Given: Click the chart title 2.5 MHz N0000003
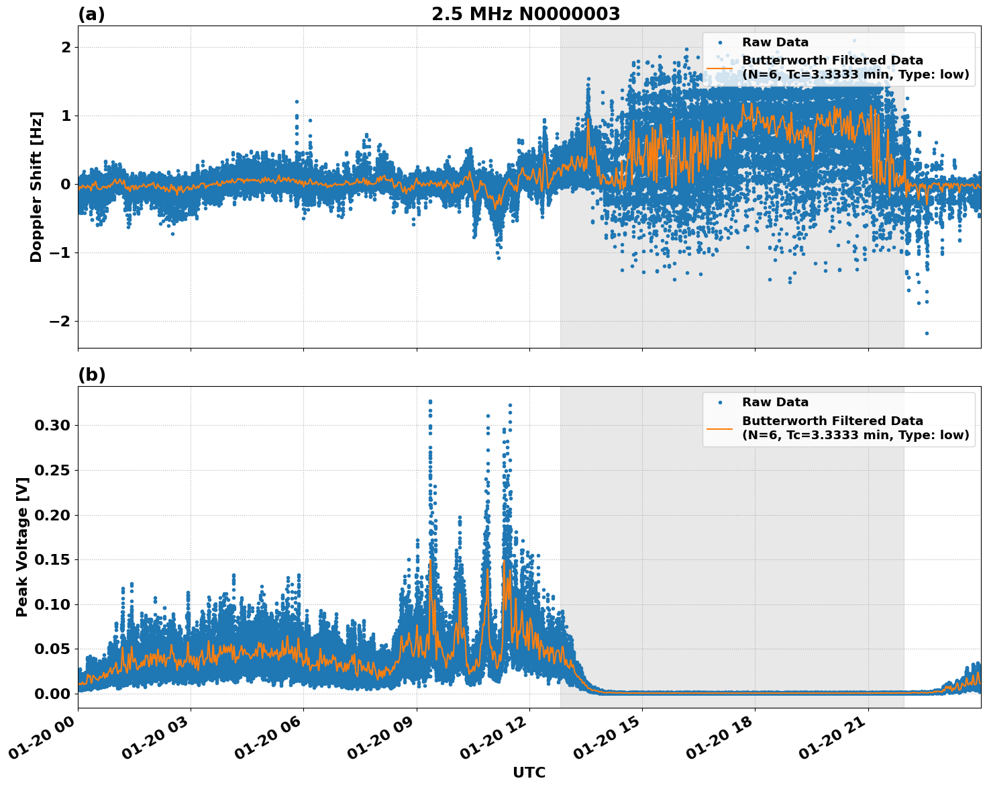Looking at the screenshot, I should (525, 14).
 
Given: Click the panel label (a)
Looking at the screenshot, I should (91, 14).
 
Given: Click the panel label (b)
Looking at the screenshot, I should (91, 375).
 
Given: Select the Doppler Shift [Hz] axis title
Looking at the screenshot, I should (36, 187).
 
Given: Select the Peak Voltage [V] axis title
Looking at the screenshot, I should (22, 547).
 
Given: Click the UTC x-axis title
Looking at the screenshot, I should (529, 772).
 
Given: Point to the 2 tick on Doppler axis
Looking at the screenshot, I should (66, 47).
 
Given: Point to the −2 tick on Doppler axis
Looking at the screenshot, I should (60, 321).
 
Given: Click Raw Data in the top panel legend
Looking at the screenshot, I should (775, 42).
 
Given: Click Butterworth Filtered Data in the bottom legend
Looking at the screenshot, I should (832, 421).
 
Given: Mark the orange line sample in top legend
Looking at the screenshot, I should (719, 68).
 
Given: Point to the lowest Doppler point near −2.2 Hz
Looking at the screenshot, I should (927, 333).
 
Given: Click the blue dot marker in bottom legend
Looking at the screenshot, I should (719, 402).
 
